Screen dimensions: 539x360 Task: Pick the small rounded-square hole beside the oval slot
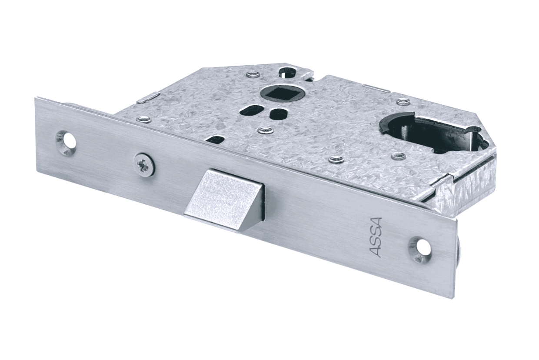(x=276, y=114)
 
